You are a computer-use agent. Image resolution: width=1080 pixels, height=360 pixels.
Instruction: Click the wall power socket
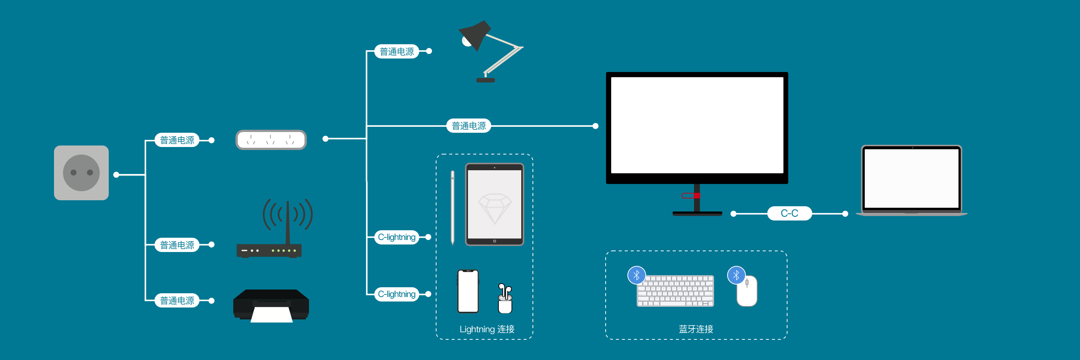(x=81, y=172)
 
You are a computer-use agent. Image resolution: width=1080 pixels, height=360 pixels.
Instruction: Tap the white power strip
(x=271, y=139)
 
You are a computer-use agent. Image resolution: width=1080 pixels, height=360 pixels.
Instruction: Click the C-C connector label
(x=789, y=213)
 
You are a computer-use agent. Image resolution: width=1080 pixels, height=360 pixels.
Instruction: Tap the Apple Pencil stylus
(x=452, y=207)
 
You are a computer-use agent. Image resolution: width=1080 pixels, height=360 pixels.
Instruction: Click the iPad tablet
(x=494, y=204)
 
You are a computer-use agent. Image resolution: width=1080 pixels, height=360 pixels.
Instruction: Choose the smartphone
(x=468, y=291)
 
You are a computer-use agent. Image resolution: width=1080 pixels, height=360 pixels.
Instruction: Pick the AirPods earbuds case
(x=505, y=299)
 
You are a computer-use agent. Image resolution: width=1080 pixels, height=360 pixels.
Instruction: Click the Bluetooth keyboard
(x=675, y=291)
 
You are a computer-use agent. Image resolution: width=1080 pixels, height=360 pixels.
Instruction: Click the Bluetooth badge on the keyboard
(x=636, y=275)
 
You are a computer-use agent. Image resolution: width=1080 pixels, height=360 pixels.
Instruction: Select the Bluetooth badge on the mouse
(x=736, y=275)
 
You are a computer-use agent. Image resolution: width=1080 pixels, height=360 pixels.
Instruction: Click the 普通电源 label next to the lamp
(x=397, y=51)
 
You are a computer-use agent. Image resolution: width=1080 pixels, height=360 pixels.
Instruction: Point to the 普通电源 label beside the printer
(x=177, y=300)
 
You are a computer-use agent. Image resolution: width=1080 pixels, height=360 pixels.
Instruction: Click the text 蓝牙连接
(x=696, y=329)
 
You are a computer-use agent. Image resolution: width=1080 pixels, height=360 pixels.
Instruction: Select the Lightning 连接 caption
(x=487, y=329)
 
